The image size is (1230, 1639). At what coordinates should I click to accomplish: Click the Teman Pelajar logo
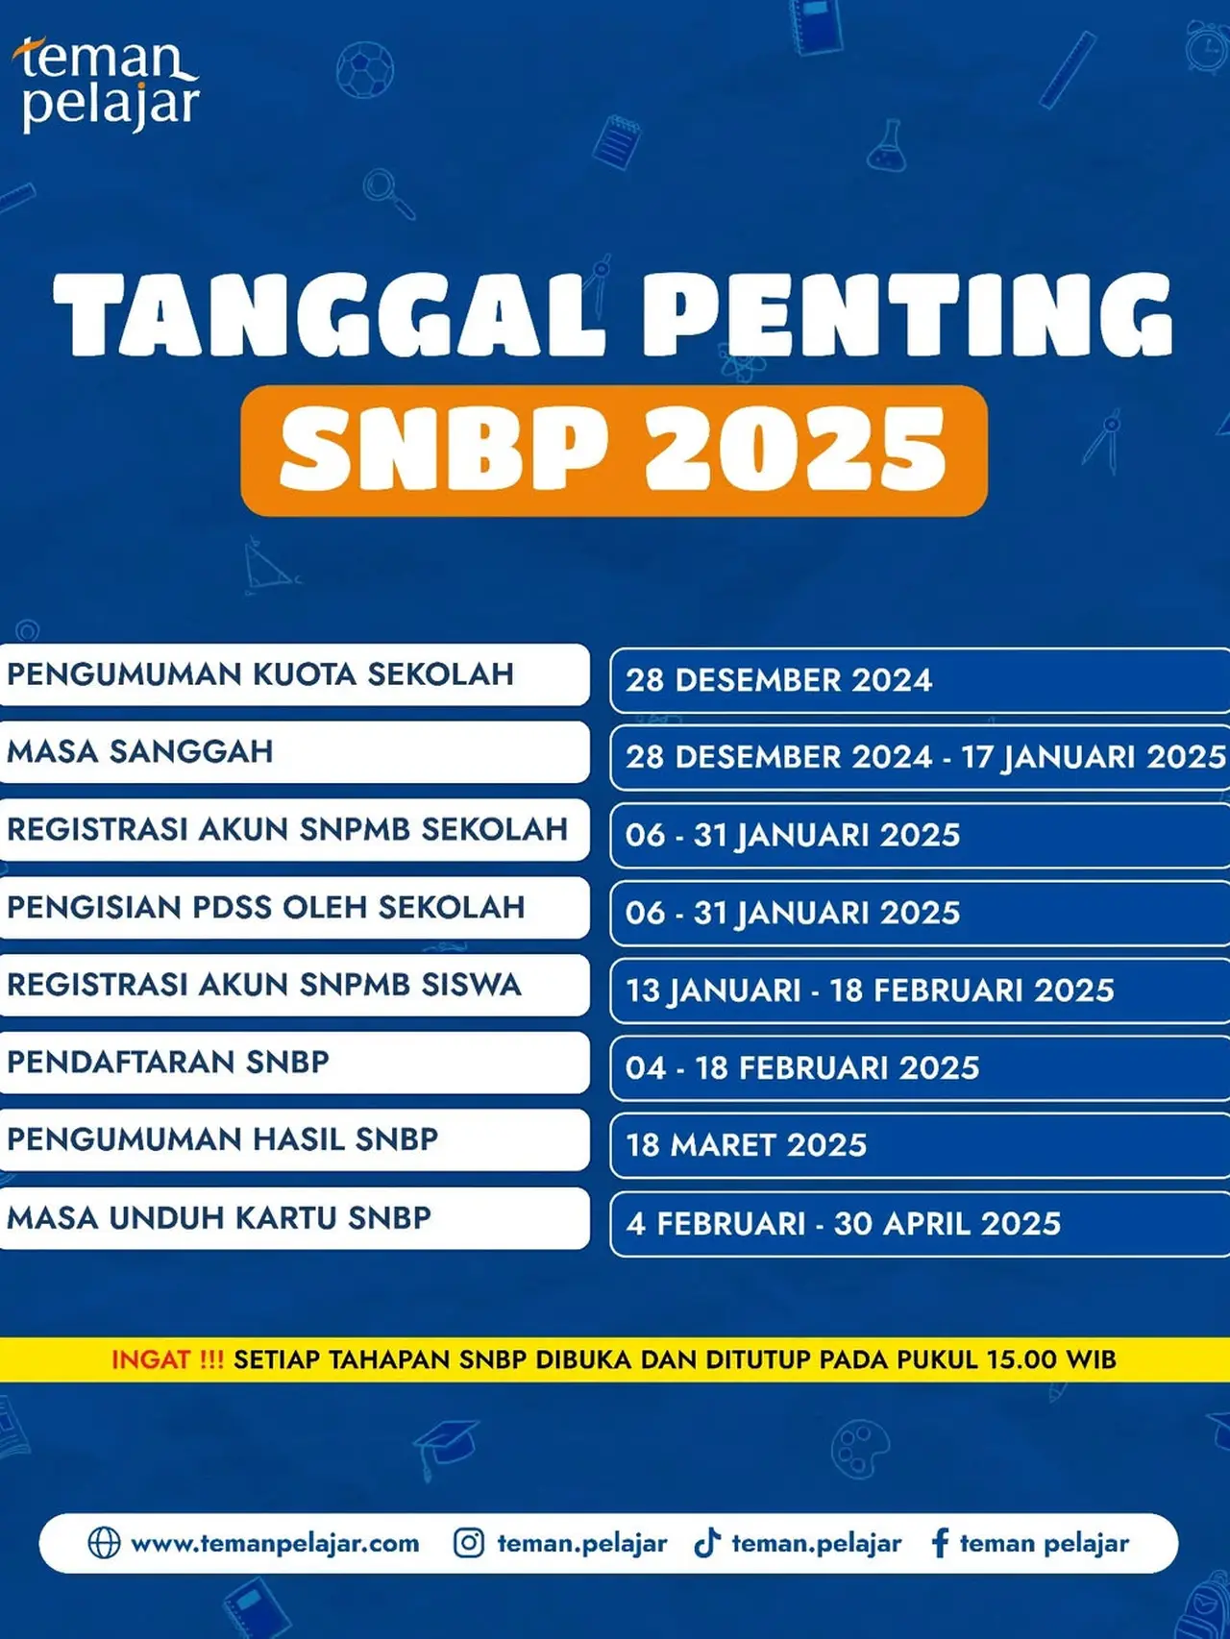click(x=108, y=84)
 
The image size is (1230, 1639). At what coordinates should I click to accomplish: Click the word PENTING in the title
click(x=907, y=315)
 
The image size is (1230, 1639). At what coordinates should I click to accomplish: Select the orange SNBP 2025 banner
click(x=614, y=451)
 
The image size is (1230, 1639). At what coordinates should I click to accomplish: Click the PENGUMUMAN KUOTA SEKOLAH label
click(x=260, y=674)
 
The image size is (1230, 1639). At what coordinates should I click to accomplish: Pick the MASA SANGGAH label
click(x=140, y=751)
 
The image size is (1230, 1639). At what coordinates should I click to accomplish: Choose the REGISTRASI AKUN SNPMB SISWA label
click(x=264, y=985)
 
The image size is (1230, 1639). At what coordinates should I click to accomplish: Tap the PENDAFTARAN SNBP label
click(x=168, y=1062)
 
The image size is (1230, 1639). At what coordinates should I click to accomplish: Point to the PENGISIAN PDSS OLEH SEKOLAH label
click(x=266, y=907)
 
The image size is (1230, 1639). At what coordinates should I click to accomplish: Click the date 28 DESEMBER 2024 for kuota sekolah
click(x=779, y=680)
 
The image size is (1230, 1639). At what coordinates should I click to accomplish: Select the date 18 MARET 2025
click(x=747, y=1145)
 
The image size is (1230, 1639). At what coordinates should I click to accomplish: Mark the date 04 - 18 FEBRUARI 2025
click(x=802, y=1067)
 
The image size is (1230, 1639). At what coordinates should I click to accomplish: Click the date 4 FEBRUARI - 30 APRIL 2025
click(x=844, y=1223)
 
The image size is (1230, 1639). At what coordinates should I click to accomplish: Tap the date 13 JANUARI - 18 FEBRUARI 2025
click(x=870, y=990)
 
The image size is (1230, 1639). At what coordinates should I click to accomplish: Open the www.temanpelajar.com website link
click(x=275, y=1544)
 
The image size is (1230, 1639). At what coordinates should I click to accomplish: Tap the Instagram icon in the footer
click(x=469, y=1543)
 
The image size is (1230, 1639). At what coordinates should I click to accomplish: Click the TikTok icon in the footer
click(x=707, y=1543)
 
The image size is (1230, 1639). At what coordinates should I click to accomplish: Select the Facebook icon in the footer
click(x=940, y=1543)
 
